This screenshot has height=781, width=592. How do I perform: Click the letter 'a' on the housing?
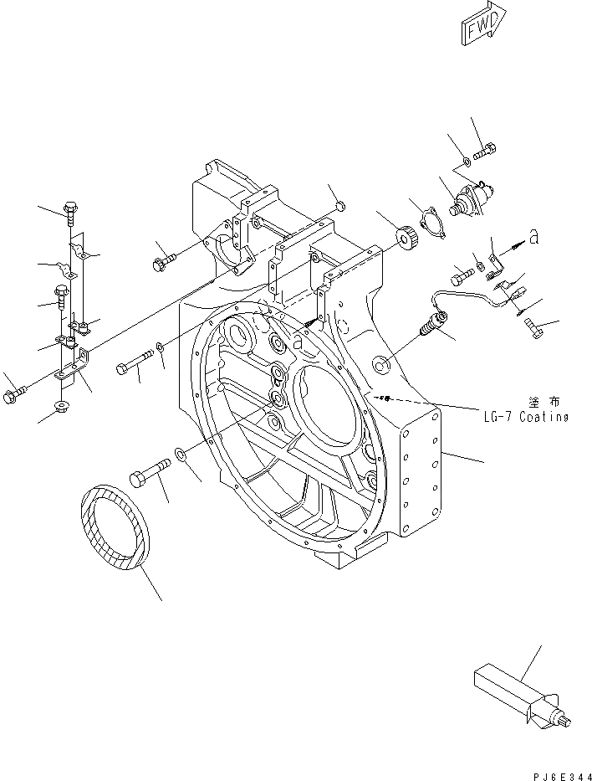point(299,339)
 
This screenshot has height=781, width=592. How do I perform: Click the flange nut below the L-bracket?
point(61,407)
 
